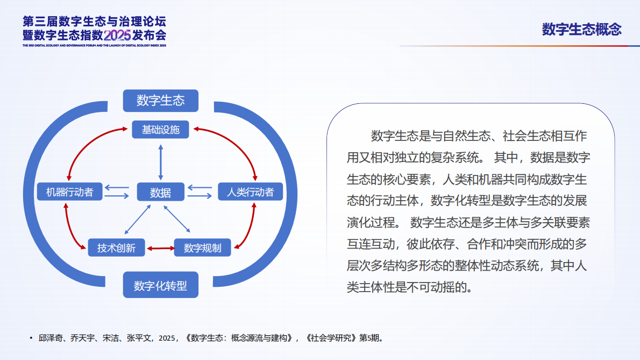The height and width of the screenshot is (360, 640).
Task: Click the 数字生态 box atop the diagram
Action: point(160,101)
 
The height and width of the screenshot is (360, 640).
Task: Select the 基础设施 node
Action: point(160,130)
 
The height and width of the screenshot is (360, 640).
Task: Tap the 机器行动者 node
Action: point(69,192)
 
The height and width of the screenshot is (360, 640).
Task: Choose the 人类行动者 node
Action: point(250,192)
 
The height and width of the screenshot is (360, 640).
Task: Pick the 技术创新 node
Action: point(116,248)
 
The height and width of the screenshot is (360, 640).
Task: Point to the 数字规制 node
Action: point(202,248)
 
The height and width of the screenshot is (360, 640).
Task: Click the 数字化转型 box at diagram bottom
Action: point(160,285)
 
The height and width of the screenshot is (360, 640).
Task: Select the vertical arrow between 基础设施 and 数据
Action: point(160,161)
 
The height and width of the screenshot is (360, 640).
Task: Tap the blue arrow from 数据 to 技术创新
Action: point(133,221)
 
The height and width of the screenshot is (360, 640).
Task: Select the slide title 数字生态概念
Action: point(581,29)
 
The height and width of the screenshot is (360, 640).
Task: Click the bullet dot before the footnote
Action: point(31,338)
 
